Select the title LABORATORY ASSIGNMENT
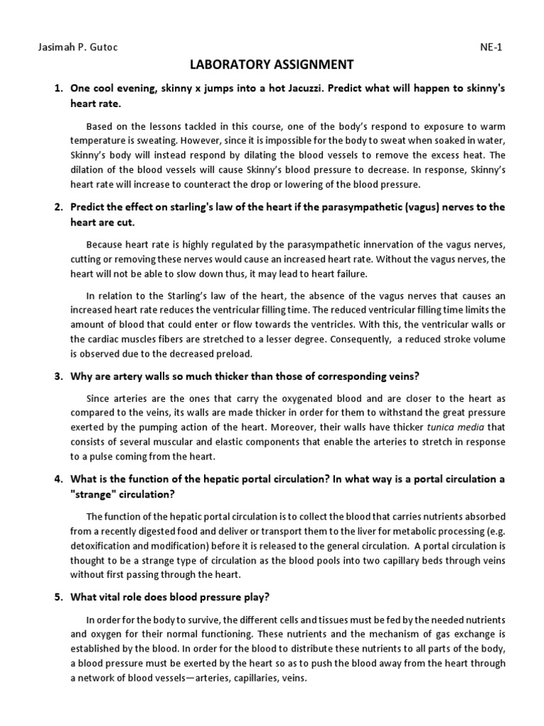(x=272, y=65)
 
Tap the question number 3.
(x=59, y=376)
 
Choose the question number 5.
(x=59, y=597)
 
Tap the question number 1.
(x=59, y=89)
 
